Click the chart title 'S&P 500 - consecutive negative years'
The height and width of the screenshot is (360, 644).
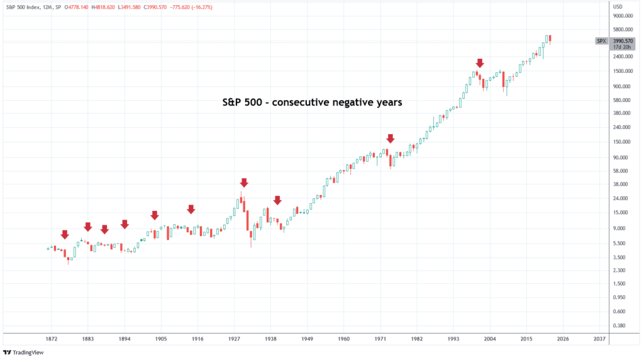point(312,102)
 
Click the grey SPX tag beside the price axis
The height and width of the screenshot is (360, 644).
point(602,42)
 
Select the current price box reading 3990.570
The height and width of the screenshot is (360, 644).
point(622,42)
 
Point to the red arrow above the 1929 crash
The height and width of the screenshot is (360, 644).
point(244,183)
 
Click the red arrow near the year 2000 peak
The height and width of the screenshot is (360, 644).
point(480,63)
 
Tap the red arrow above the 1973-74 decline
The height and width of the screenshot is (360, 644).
point(391,138)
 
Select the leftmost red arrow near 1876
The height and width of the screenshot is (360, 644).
point(64,235)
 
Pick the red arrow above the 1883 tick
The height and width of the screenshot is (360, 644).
point(88,227)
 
